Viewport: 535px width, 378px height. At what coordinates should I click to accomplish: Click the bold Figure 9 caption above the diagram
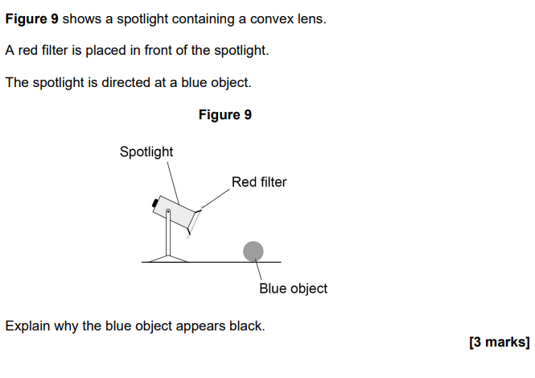click(x=225, y=114)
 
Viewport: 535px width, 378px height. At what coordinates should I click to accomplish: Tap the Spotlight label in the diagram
click(x=146, y=152)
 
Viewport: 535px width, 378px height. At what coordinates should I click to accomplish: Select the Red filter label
click(x=259, y=182)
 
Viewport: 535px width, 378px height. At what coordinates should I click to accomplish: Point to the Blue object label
click(x=293, y=288)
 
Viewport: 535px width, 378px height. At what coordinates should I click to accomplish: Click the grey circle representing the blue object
click(x=253, y=251)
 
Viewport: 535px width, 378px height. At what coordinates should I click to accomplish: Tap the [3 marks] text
click(x=500, y=342)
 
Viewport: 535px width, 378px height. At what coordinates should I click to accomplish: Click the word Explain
click(x=27, y=326)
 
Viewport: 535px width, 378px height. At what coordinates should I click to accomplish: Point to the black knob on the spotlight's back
click(x=155, y=202)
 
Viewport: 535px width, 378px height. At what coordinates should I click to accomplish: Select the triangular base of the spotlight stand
click(x=168, y=259)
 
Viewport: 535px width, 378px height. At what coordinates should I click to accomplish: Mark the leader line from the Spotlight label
click(x=173, y=183)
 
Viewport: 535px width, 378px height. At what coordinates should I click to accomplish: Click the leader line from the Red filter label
click(x=215, y=198)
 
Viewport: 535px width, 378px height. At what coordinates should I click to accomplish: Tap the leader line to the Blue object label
click(x=258, y=270)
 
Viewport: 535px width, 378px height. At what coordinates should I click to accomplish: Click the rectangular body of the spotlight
click(x=174, y=212)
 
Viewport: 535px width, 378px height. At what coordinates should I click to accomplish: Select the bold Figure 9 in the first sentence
click(x=31, y=19)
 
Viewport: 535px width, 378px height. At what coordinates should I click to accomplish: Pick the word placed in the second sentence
click(x=105, y=51)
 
